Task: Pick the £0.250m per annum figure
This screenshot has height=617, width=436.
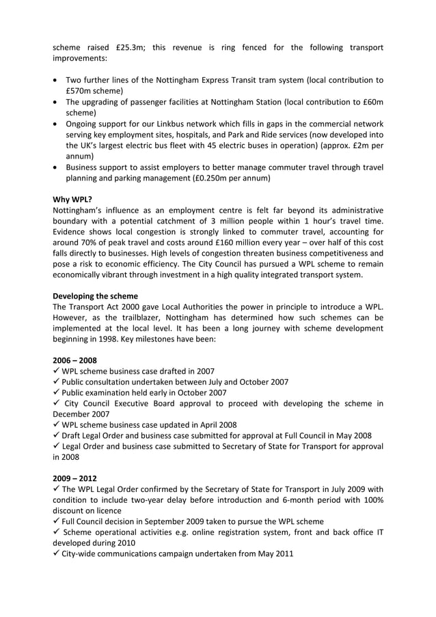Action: [206, 178]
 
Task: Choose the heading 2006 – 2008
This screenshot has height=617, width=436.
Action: [74, 359]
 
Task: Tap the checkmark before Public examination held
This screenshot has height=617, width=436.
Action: [56, 392]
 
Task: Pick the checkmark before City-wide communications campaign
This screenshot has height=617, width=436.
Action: [56, 553]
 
